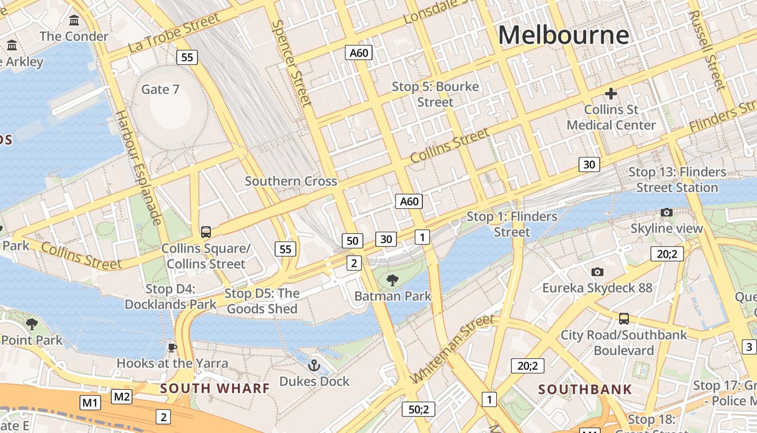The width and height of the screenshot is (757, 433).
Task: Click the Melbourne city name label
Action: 563,35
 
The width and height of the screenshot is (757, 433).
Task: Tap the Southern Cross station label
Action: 291,181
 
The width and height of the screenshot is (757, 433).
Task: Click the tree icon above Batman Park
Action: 393,280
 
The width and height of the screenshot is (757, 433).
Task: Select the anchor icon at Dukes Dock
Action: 314,366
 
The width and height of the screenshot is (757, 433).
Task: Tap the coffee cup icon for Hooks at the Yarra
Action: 172,347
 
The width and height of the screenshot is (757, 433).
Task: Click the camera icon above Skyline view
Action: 667,212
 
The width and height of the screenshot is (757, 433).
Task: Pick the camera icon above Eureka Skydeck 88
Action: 597,272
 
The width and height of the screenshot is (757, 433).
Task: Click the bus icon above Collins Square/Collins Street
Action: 205,232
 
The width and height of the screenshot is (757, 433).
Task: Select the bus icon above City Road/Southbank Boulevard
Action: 623,318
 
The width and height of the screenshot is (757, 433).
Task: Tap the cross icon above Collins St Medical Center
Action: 611,94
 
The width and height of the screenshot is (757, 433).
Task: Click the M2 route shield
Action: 122,397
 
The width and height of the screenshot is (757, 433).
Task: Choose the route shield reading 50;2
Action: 418,409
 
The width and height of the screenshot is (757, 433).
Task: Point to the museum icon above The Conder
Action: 74,21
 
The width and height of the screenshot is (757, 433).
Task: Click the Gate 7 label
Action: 160,89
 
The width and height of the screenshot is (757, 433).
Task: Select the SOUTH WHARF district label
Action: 215,388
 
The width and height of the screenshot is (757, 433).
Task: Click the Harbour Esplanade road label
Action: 139,168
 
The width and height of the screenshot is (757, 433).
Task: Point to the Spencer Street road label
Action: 292,63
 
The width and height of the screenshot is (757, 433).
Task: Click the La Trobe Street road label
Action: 174,34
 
